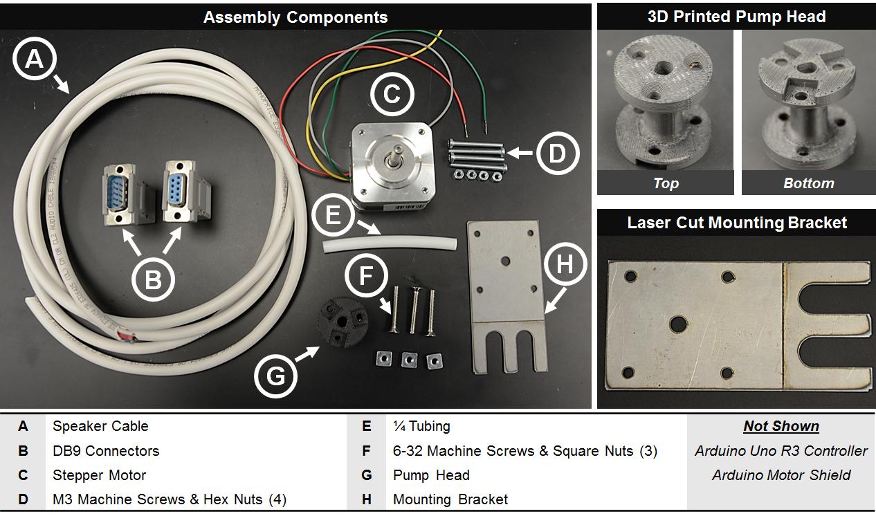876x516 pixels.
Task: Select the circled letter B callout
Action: pyautogui.click(x=153, y=280)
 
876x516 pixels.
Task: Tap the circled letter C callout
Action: pyautogui.click(x=392, y=93)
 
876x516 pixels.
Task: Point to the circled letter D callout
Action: pyautogui.click(x=557, y=154)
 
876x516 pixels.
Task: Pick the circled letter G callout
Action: pyautogui.click(x=275, y=376)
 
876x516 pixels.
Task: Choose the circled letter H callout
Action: pyautogui.click(x=565, y=264)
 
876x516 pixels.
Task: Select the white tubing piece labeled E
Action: pyautogui.click(x=391, y=244)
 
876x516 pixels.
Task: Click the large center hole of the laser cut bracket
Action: pyautogui.click(x=678, y=323)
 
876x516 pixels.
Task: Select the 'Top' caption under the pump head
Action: pyautogui.click(x=666, y=183)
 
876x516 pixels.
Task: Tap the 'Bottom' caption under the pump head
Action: pyautogui.click(x=808, y=183)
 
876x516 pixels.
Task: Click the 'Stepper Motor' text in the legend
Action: pyautogui.click(x=100, y=475)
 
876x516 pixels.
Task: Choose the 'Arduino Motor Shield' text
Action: pyautogui.click(x=781, y=475)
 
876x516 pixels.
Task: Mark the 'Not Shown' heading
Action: pyautogui.click(x=781, y=426)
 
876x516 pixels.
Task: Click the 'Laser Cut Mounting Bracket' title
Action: pyautogui.click(x=736, y=222)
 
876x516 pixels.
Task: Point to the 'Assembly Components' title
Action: pyautogui.click(x=295, y=17)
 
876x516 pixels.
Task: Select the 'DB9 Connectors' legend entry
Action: pyautogui.click(x=106, y=451)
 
